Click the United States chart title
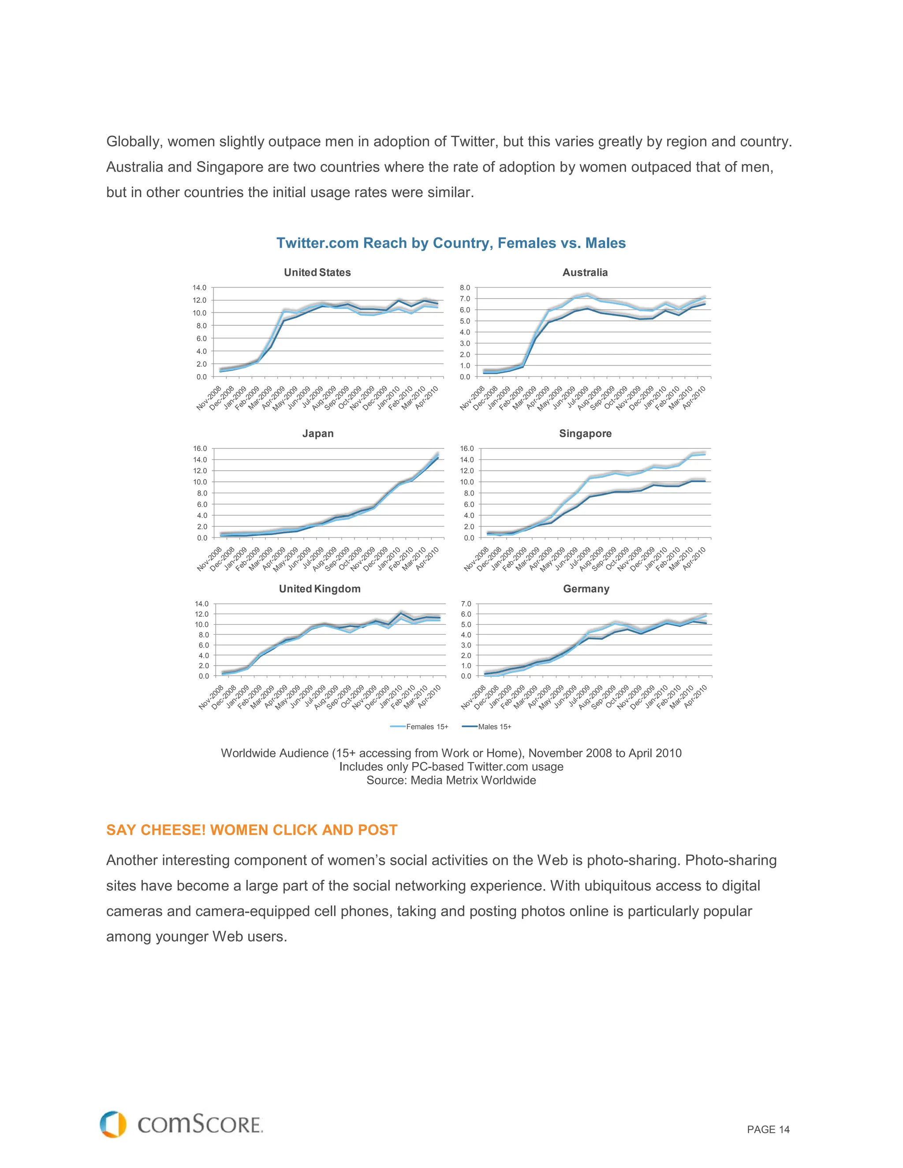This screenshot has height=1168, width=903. pos(317,272)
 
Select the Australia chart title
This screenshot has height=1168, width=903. pos(585,272)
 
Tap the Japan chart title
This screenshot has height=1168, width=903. pos(318,433)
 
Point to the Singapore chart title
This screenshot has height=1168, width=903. pos(585,433)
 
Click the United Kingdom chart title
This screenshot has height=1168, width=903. pos(319,588)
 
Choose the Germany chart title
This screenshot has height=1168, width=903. pos(586,588)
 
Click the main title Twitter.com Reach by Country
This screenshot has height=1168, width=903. pos(451,243)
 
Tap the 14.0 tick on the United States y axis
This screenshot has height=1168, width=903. pos(200,288)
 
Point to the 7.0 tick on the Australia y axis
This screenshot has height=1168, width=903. pos(465,298)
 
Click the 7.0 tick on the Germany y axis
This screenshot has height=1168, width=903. pos(466,604)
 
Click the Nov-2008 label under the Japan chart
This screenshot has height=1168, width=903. pos(209,559)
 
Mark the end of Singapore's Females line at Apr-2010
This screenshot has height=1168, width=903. pos(705,454)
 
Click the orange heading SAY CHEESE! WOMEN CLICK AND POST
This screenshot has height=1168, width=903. pos(251,830)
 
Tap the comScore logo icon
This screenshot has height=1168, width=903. pos(113,1124)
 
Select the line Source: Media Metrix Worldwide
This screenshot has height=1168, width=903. pos(451,780)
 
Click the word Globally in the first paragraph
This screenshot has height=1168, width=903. pos(134,142)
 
